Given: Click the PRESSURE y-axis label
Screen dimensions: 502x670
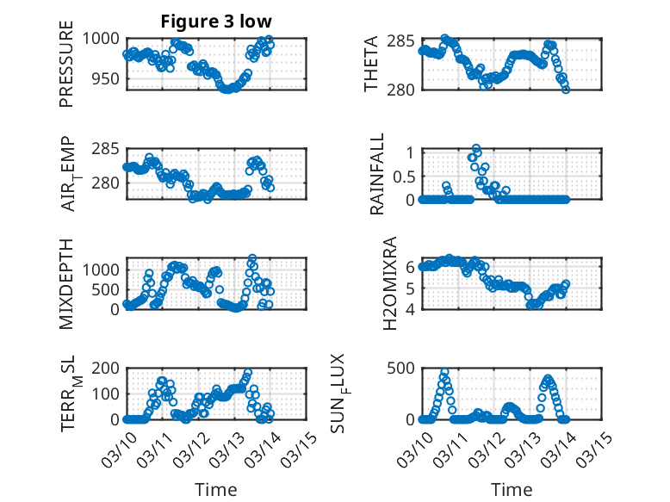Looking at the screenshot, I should tap(66, 65).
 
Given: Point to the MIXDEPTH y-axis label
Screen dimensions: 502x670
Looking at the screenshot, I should tap(66, 283).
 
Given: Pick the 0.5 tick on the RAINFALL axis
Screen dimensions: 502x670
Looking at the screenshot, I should tap(402, 176).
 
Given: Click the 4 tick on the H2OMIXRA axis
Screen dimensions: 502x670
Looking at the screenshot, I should tap(410, 308).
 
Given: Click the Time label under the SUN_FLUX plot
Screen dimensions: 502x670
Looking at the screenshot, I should tap(512, 490).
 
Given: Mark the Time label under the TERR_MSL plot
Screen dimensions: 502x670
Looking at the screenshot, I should tap(216, 490).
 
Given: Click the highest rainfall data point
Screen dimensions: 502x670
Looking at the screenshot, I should tap(476, 149).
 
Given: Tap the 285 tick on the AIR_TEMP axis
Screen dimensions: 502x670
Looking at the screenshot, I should tap(108, 149).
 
